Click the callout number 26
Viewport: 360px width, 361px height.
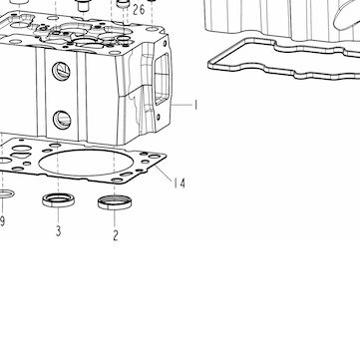(139, 10)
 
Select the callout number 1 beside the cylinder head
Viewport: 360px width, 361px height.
(196, 105)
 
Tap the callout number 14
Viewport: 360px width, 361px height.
(180, 182)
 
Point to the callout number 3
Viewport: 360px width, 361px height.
(58, 230)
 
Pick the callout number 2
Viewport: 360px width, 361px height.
(116, 235)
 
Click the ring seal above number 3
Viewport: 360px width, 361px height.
(58, 200)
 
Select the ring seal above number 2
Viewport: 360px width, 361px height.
(115, 202)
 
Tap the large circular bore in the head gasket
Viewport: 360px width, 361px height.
(86, 163)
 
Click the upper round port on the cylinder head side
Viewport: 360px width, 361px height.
(61, 71)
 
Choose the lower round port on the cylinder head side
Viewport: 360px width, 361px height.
(62, 120)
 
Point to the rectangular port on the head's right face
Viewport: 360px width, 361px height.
(162, 79)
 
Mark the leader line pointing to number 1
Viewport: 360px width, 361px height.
(181, 105)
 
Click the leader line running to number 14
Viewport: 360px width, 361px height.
(164, 174)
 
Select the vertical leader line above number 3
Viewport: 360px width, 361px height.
(58, 215)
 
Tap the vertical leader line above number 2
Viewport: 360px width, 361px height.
(115, 219)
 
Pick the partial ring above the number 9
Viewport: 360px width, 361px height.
(6, 193)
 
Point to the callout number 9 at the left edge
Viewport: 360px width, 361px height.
(2, 221)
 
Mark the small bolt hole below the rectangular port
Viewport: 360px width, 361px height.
(158, 117)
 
